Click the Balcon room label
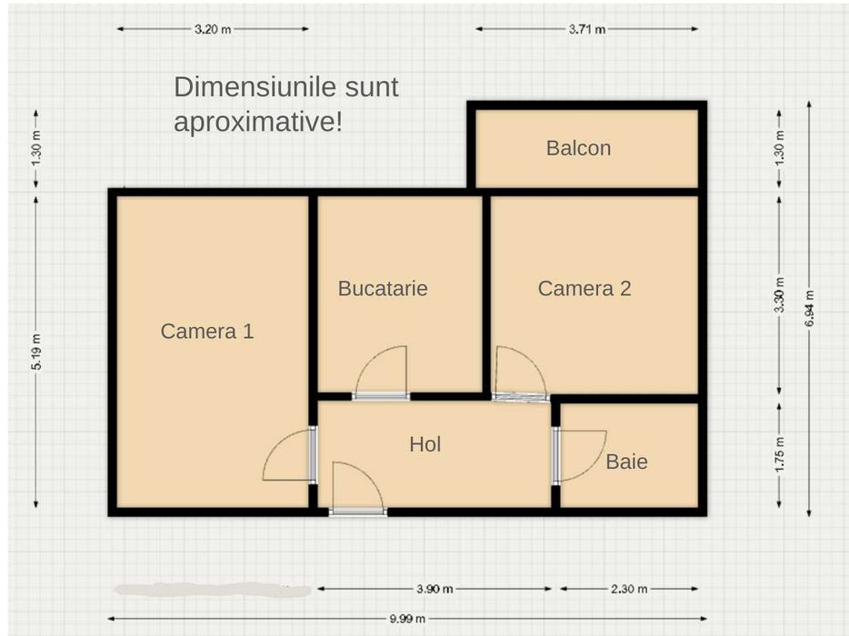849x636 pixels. pos(578,148)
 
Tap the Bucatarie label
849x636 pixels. pos(382,289)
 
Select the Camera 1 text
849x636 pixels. pos(207,332)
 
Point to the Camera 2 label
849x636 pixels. pos(584,289)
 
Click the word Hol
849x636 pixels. pos(425,444)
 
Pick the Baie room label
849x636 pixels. pos(627,462)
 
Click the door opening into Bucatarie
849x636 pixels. pos(381,375)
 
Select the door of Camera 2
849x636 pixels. pos(519,375)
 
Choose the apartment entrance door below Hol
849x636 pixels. pos(357,491)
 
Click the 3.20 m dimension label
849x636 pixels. pos(212,29)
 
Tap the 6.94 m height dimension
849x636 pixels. pos(808,310)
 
